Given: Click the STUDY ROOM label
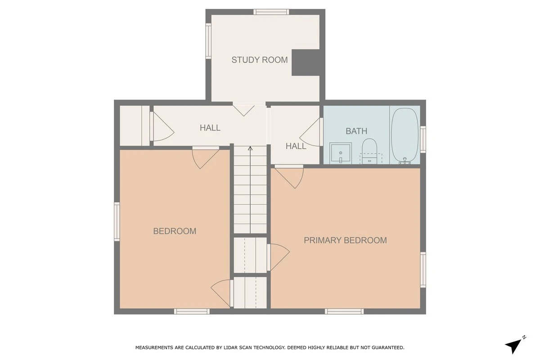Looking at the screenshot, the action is (x=259, y=60).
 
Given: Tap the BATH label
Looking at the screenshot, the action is (x=356, y=131).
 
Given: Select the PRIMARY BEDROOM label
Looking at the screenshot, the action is (x=345, y=240).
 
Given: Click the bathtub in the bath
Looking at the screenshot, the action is (x=405, y=136).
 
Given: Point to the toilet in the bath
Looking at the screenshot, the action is (x=369, y=151).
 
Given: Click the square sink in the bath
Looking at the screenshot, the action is (x=341, y=153).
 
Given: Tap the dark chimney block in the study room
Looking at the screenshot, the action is (x=306, y=63).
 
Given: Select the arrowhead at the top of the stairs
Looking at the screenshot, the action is (x=250, y=148).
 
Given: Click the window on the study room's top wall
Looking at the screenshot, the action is (x=271, y=12).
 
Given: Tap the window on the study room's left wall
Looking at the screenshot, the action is (x=208, y=41).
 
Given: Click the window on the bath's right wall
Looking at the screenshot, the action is (x=423, y=139).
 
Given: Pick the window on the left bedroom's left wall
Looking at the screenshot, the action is (x=117, y=221).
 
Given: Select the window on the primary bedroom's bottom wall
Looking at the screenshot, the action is (x=344, y=311).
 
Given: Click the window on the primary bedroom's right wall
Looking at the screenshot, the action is (x=423, y=270).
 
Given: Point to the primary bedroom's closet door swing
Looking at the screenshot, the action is (x=279, y=257).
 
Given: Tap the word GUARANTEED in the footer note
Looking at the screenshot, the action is (x=387, y=347).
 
